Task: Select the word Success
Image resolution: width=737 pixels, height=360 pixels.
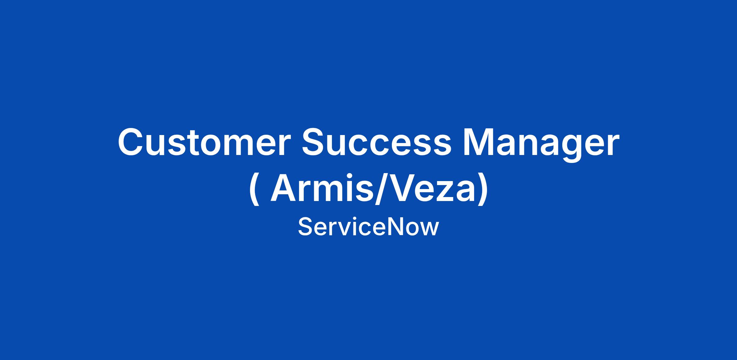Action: [376, 142]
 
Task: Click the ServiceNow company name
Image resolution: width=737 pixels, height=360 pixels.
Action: [368, 227]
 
